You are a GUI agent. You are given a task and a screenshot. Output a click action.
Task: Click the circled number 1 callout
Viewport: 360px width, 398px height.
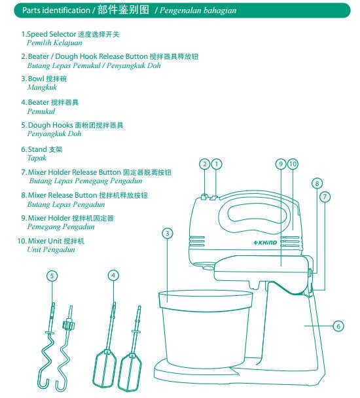(x=217, y=164)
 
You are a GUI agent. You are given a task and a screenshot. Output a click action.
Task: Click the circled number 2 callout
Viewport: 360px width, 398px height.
(x=204, y=164)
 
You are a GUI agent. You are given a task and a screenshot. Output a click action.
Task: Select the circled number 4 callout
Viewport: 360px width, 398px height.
(x=114, y=276)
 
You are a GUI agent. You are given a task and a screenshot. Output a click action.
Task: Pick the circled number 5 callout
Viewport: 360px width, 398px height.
(x=52, y=276)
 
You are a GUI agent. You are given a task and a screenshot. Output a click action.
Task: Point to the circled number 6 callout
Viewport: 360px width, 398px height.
(x=338, y=325)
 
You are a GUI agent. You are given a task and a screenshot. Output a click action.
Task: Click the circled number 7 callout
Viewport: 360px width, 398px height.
(x=325, y=196)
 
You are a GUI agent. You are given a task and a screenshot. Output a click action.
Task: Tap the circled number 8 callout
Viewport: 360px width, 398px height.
(x=317, y=183)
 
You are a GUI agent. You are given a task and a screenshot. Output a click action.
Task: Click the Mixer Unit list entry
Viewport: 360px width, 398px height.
(x=48, y=241)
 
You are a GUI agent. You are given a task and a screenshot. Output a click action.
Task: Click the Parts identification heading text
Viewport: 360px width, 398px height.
(x=56, y=11)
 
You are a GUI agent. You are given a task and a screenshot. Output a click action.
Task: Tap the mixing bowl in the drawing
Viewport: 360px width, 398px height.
(x=205, y=327)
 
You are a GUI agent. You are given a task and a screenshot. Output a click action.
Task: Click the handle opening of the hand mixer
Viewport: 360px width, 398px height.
(x=257, y=213)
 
